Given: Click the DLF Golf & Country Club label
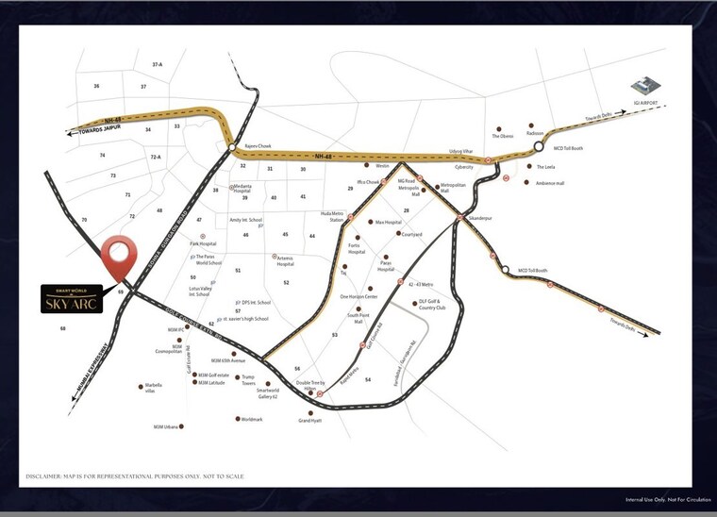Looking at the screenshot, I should [430, 306].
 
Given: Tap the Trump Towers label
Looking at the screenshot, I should [249, 380].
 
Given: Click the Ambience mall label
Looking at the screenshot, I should [549, 183].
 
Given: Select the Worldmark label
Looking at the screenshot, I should [252, 419].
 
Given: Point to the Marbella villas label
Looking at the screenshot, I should [154, 388].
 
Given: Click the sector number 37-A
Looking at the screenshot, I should [158, 64].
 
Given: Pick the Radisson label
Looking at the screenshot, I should [536, 133].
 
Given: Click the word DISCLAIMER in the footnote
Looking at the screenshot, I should [48, 476].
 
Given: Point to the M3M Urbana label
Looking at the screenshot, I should [167, 427].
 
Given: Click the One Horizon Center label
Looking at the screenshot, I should [358, 296].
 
